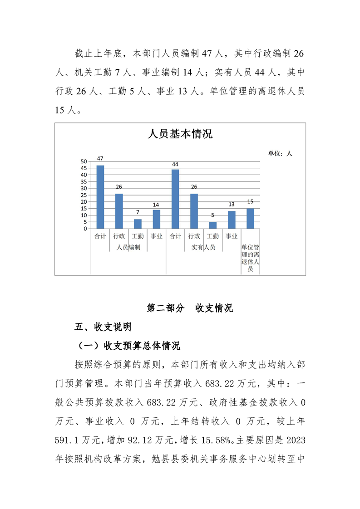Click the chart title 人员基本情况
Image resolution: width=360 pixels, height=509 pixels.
click(x=180, y=134)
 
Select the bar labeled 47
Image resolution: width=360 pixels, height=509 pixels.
click(x=100, y=197)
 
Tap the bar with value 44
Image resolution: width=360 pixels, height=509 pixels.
click(x=175, y=199)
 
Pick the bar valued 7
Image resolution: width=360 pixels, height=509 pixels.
click(x=138, y=224)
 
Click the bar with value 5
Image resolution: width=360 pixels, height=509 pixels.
click(x=213, y=225)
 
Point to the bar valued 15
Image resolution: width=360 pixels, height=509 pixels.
click(x=250, y=218)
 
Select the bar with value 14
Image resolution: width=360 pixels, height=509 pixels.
click(x=157, y=219)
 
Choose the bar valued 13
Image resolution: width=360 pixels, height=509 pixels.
click(x=232, y=220)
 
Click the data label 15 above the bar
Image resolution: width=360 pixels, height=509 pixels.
click(x=250, y=201)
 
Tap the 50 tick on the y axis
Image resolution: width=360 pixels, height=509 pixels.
click(x=84, y=162)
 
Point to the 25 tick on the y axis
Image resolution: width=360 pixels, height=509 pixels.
click(x=84, y=195)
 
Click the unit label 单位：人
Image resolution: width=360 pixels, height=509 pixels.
click(x=280, y=154)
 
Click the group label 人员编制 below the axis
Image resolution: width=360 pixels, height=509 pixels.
click(x=128, y=248)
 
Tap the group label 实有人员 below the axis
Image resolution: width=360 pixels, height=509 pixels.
click(x=203, y=248)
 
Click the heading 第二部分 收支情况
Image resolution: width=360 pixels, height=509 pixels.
click(x=190, y=308)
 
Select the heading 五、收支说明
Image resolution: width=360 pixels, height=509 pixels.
click(x=103, y=327)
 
